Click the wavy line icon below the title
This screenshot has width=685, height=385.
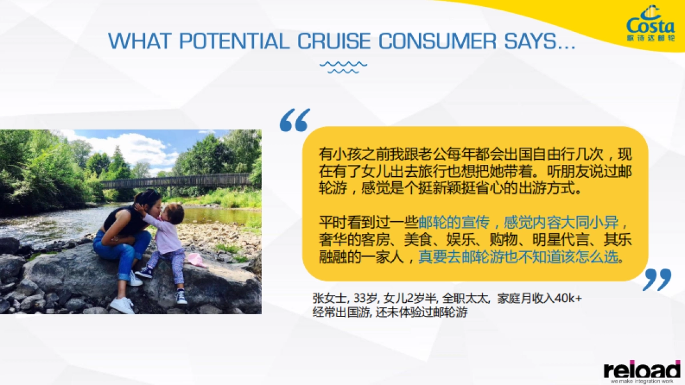tap(343, 67)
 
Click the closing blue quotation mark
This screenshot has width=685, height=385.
tap(657, 279)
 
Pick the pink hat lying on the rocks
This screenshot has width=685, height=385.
tap(196, 260)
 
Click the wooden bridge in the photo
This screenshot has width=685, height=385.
tap(171, 181)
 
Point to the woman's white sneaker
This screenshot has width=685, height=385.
tap(122, 305)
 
